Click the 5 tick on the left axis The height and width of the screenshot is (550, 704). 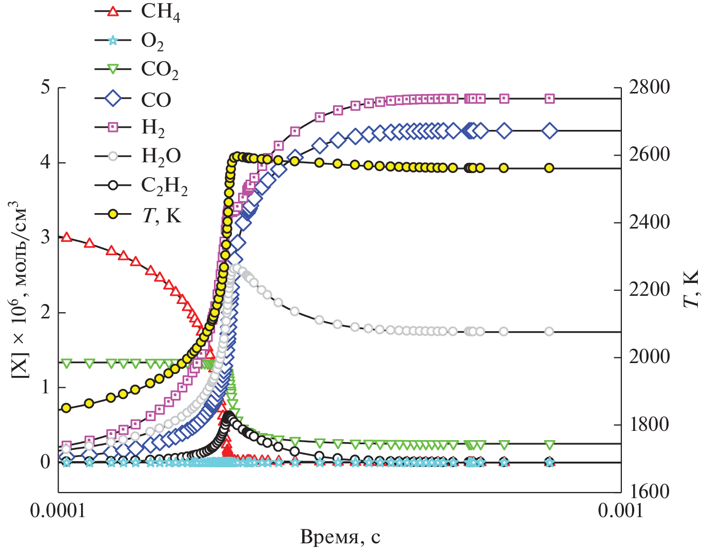point(46,87)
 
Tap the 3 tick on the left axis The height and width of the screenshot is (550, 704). point(46,237)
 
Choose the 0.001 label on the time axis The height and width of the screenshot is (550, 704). point(620,511)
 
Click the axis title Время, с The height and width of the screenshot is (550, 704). point(340,537)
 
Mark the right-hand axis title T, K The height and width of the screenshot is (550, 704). point(692,288)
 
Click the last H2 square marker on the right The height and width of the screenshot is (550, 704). point(550,99)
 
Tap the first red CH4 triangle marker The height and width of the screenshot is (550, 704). point(66,237)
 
